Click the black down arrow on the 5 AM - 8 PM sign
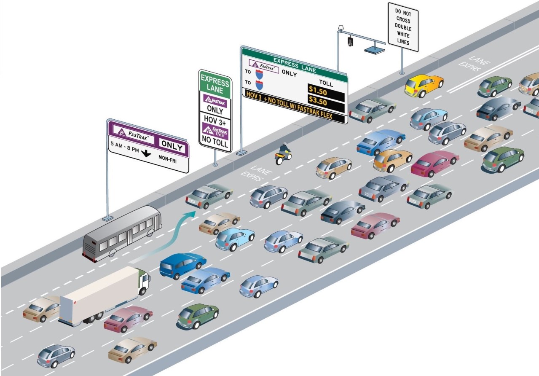coord(146,153)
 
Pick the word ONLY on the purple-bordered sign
coord(172,147)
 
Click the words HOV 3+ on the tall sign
coord(215,120)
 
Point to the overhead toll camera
coord(350,41)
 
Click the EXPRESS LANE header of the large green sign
coord(295,65)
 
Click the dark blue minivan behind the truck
coord(182,265)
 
